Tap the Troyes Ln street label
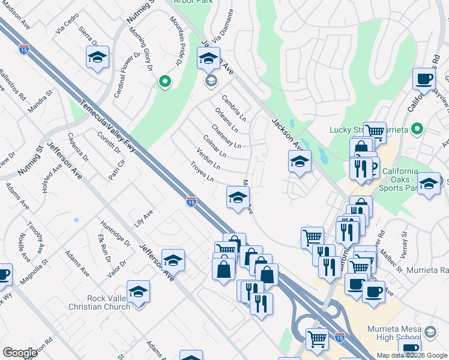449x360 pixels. point(202,172)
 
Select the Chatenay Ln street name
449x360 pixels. point(226,137)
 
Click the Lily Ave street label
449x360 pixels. point(143,214)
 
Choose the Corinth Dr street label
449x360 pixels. point(109,143)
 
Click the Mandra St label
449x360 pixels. point(40,103)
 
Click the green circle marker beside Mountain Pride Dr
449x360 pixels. point(164,81)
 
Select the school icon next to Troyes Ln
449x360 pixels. point(238,197)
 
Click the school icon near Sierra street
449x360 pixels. point(97,57)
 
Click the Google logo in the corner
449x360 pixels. point(20,353)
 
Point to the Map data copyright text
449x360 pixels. point(412,355)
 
